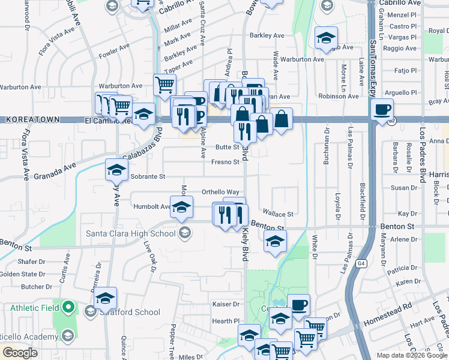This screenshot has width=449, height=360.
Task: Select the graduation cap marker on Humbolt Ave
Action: coord(181,208)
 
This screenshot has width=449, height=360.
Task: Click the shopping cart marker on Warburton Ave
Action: coord(164,85)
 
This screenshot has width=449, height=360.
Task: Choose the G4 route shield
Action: coord(361,263)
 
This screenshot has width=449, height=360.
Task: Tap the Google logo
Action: coord(20,353)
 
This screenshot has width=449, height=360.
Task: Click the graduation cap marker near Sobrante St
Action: coord(116,170)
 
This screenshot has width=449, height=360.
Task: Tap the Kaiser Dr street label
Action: coord(226,305)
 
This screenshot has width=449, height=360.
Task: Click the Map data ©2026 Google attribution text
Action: coord(412,355)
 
